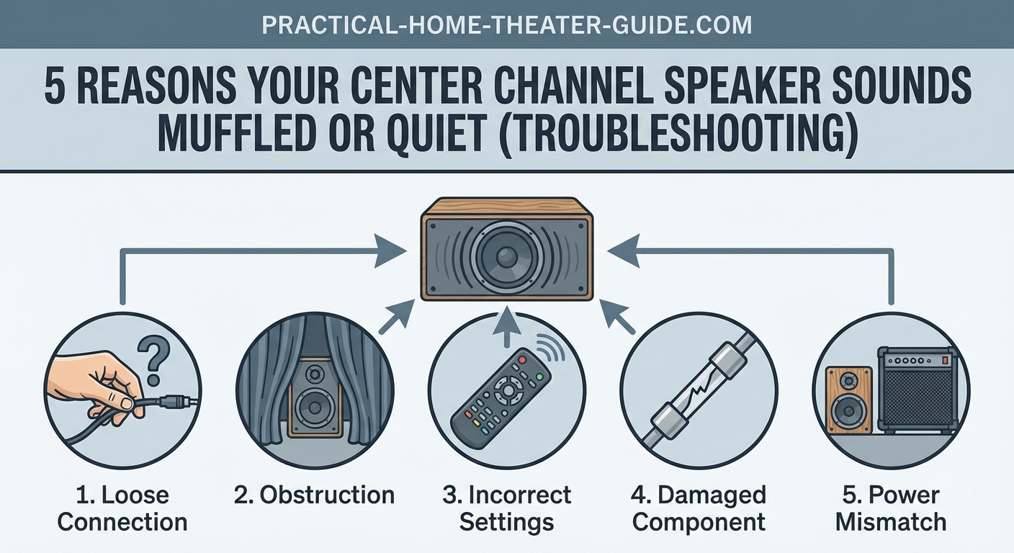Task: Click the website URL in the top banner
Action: [x=506, y=25]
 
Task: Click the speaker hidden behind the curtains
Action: [x=315, y=397]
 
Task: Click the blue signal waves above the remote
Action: [x=552, y=349]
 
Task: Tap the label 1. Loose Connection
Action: [x=122, y=508]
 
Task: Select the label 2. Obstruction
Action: [x=315, y=495]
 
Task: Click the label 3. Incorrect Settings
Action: [x=506, y=508]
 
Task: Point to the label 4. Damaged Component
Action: [x=699, y=508]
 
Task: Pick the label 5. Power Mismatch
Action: [x=891, y=508]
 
